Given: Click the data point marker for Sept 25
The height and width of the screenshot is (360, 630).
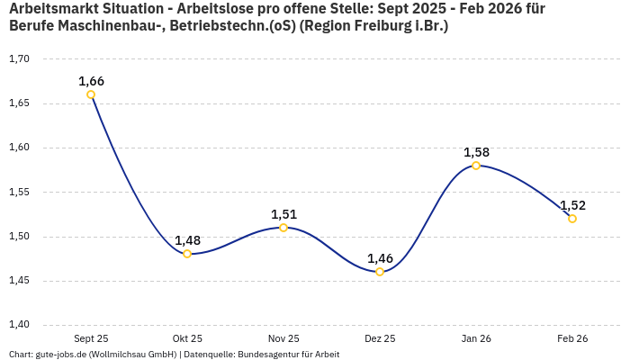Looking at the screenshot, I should [91, 94].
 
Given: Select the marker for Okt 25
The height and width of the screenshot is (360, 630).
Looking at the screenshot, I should [187, 254].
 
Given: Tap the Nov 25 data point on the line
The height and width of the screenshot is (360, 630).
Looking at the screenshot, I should [283, 228].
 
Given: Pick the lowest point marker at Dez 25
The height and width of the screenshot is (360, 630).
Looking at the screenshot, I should [380, 272].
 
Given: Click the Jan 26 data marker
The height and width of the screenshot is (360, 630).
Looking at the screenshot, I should [476, 166].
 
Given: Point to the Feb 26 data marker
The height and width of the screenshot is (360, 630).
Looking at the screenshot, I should [572, 219].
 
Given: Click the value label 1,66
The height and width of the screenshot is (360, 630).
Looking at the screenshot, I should [91, 81].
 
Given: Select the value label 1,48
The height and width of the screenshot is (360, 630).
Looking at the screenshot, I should [187, 240].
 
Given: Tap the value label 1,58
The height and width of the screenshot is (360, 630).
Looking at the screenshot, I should [476, 152].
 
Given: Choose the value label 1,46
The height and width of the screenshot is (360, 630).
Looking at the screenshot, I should [380, 258].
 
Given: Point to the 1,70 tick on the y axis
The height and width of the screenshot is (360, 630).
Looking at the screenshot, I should [19, 59].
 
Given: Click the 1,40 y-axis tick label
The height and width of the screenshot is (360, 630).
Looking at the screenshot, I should [19, 325].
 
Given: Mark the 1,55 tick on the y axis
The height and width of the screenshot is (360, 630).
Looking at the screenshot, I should [19, 193].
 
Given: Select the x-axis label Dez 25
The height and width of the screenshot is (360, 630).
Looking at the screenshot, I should [380, 338].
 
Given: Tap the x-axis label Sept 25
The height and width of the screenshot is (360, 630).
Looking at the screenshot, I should [91, 338].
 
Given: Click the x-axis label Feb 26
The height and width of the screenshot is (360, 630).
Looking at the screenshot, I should [572, 338].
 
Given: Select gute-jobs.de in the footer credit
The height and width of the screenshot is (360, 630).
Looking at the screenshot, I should [59, 355].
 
